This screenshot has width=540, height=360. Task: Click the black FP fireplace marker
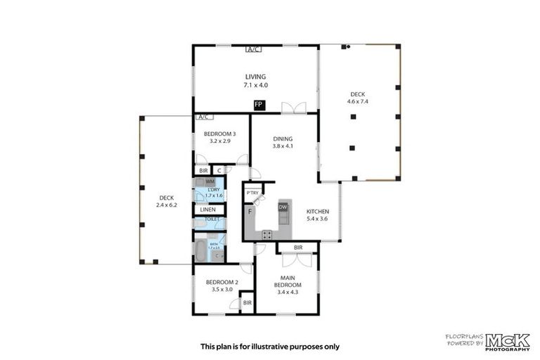259,105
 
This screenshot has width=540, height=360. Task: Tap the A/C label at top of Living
254,49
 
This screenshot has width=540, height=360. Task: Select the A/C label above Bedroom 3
205,117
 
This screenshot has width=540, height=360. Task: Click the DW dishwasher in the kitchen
283,207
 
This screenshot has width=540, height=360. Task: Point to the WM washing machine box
210,181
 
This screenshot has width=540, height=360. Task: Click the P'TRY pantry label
250,193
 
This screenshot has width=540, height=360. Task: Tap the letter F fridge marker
250,211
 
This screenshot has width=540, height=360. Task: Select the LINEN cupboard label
208,210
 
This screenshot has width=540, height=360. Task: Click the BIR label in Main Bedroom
298,247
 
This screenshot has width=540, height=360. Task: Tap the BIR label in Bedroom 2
247,302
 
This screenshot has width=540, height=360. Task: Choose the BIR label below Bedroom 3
203,170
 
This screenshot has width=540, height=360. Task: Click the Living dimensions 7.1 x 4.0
256,85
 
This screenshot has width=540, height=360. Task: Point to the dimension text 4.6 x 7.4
357,101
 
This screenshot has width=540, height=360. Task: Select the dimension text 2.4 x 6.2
167,206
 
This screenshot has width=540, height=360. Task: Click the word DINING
283,139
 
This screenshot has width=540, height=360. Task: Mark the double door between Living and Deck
294,108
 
